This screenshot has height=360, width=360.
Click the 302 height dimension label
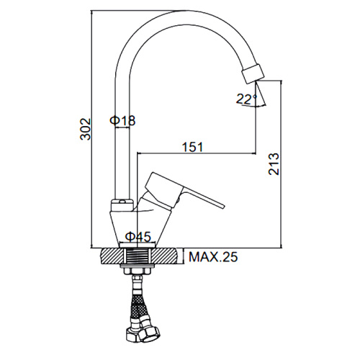point(86,129)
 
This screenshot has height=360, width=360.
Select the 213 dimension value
point(274,164)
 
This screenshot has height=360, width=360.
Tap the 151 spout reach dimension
point(193,147)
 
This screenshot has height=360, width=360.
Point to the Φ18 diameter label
point(122,120)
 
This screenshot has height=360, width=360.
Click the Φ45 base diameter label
point(139,237)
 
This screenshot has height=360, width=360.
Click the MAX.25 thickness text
point(213,257)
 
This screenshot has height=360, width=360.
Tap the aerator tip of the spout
point(253,73)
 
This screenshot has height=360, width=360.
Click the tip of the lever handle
point(223,206)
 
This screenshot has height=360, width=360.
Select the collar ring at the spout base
point(122,205)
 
